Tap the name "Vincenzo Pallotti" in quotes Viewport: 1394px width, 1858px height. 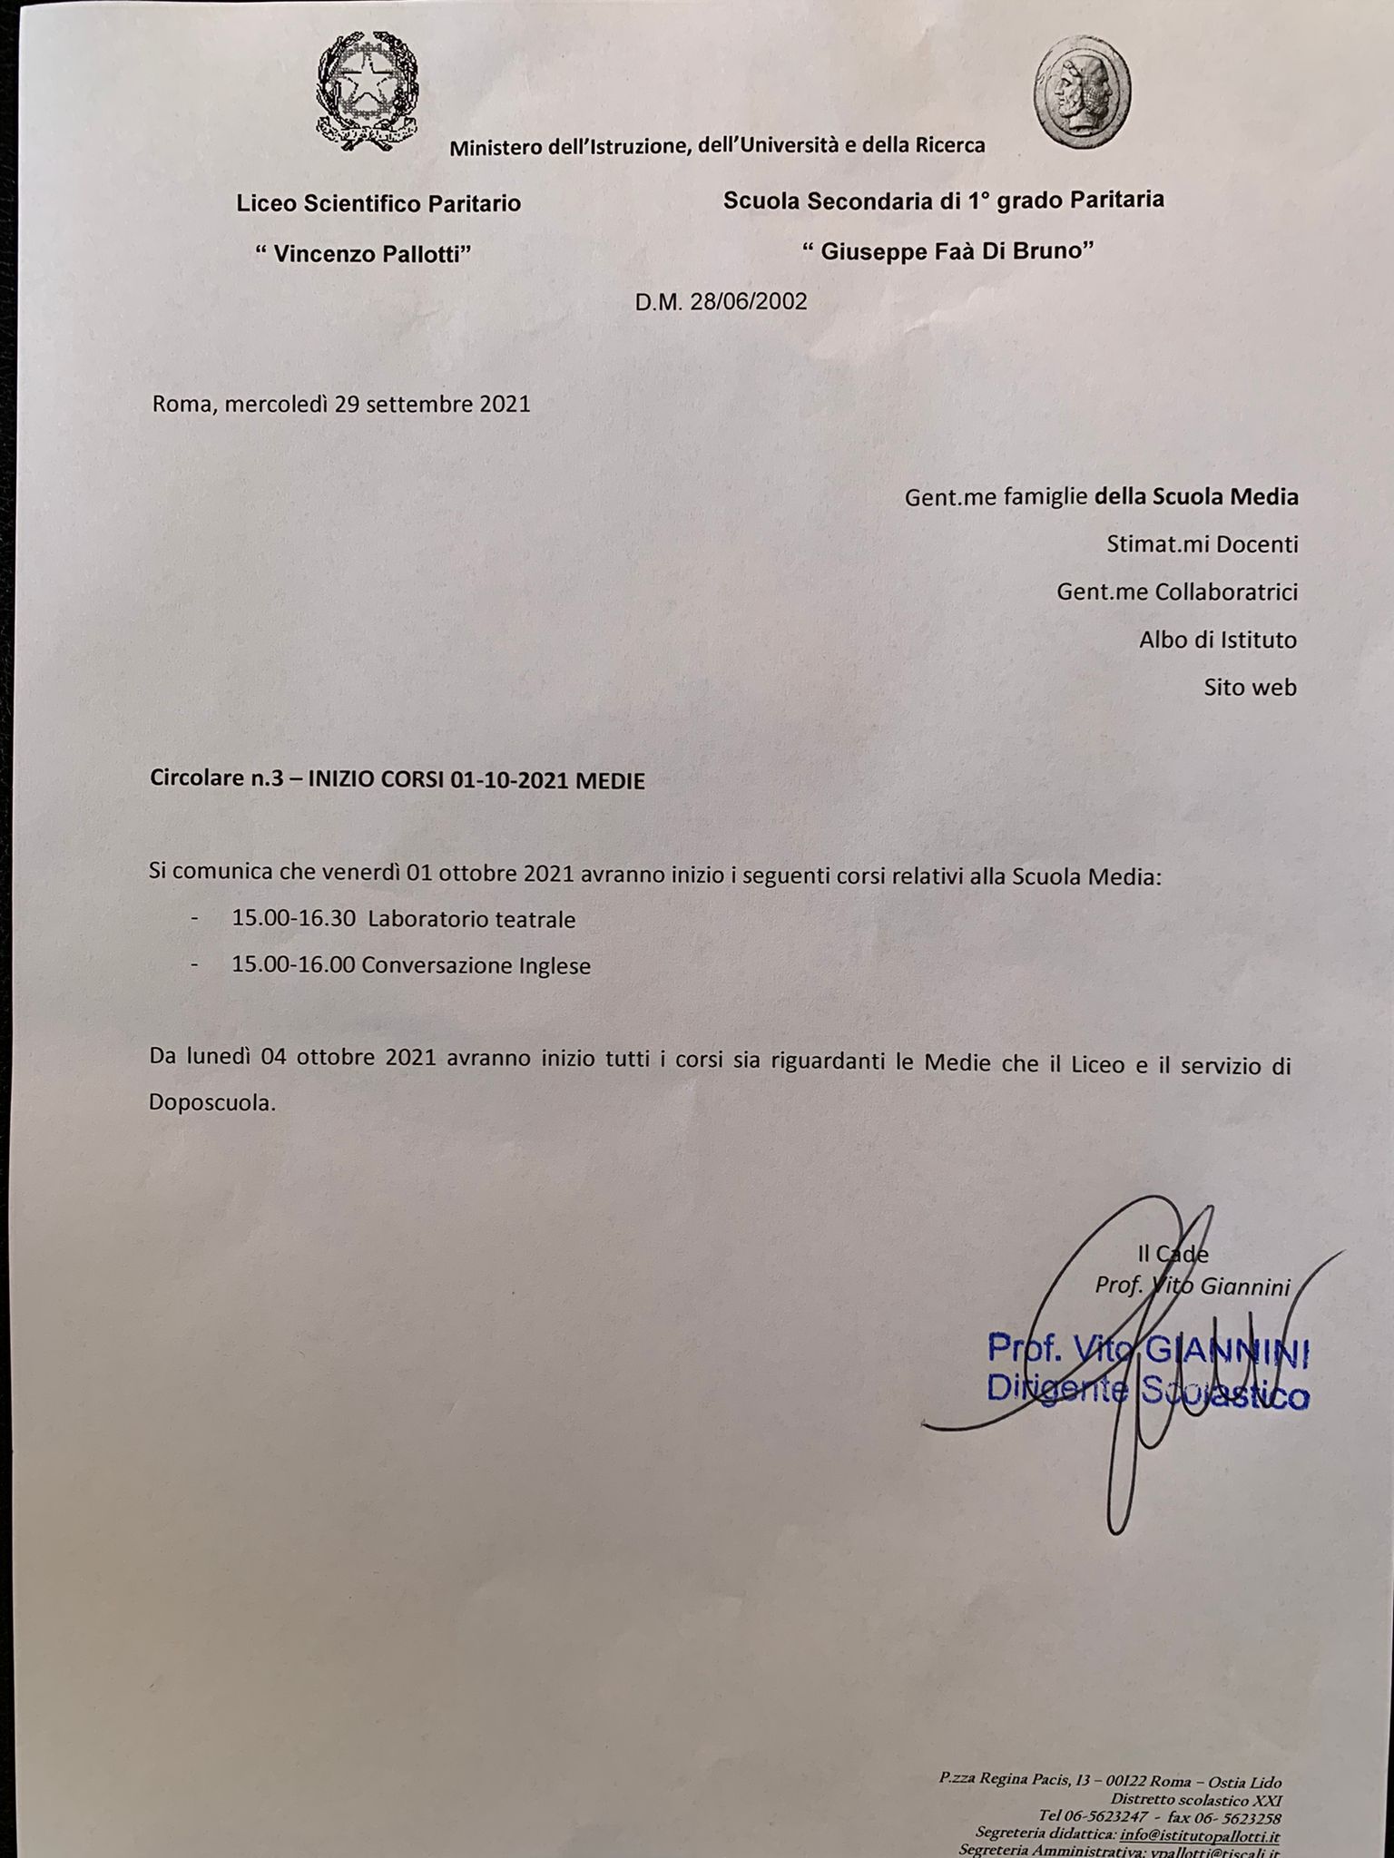pos(363,254)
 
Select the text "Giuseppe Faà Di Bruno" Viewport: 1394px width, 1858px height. pos(947,251)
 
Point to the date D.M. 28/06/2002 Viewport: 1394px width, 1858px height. pos(721,302)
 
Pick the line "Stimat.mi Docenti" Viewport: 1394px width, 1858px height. pos(1202,544)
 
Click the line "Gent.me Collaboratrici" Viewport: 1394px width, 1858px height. pos(1176,592)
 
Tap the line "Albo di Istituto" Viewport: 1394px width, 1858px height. pos(1217,640)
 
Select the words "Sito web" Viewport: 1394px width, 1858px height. pos(1250,688)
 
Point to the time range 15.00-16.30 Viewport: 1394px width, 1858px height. pos(293,918)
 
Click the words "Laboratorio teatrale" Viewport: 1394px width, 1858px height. pos(472,919)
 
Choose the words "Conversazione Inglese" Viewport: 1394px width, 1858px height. pos(476,966)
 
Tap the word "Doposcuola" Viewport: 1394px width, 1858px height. pos(211,1103)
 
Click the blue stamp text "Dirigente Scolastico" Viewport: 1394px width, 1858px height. pos(1147,1389)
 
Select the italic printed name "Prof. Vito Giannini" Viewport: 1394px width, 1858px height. pos(1193,1286)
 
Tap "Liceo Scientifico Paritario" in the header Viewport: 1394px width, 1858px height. pos(378,203)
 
